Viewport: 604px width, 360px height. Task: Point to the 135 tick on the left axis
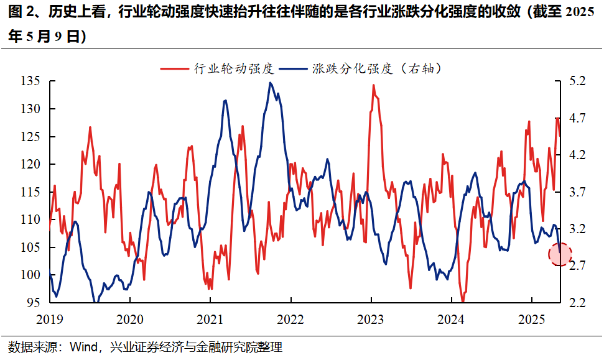tap(30, 81)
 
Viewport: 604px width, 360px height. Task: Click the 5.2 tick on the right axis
tap(577, 81)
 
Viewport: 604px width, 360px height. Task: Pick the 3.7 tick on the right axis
tap(577, 192)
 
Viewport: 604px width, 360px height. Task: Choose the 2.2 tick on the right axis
tap(577, 303)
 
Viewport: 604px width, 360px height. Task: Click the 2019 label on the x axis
tap(49, 319)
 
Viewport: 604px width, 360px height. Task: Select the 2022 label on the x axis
tap(290, 319)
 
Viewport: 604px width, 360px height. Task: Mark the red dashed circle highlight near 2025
tap(560, 254)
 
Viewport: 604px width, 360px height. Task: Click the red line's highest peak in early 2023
tap(374, 85)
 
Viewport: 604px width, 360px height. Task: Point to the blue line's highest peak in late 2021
tap(270, 83)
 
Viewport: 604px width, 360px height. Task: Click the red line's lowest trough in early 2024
tap(463, 302)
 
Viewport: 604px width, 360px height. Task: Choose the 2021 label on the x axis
tap(210, 319)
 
